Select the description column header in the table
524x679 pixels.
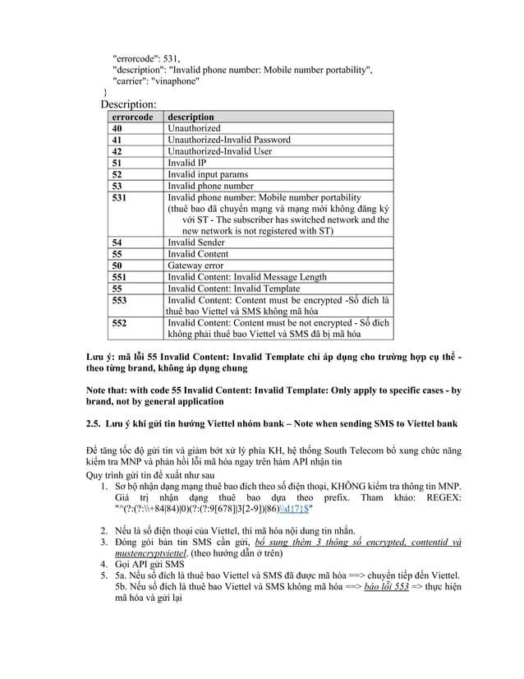pos(191,118)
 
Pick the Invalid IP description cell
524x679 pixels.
pos(186,163)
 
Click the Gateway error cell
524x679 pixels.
pos(195,266)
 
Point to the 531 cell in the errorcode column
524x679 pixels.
pos(120,198)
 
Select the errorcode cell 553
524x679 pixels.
pos(120,300)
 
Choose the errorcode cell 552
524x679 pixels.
pos(120,324)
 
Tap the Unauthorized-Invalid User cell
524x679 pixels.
pos(219,151)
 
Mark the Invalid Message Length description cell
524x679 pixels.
pos(246,277)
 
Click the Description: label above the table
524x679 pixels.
pos(128,105)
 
